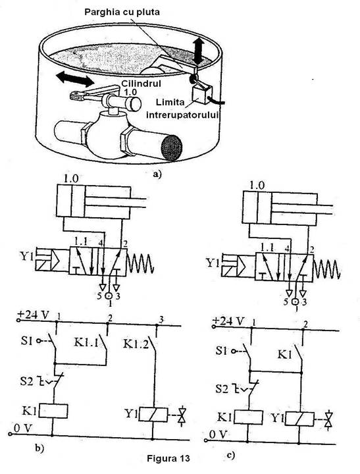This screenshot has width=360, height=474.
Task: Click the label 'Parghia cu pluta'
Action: coord(122,13)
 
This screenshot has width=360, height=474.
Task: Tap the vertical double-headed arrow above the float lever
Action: coord(198,51)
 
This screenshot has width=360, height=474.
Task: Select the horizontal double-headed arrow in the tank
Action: coord(75,78)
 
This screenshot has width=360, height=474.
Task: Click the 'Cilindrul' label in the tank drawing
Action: coord(141,84)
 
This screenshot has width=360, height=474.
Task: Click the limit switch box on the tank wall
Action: coord(202,94)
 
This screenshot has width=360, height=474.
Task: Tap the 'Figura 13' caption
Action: coord(168,458)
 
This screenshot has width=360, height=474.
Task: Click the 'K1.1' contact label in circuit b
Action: coord(86,342)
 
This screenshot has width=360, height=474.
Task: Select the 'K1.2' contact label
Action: coord(136,344)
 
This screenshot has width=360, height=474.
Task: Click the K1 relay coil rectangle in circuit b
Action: coord(53,411)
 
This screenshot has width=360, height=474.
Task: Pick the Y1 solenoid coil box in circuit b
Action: coord(153,415)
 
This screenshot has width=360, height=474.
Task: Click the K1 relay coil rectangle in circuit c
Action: coord(248,417)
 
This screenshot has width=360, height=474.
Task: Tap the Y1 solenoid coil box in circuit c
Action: coord(299,419)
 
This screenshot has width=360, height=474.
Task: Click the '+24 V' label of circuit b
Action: coord(34,315)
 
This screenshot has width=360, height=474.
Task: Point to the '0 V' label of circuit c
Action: coord(218,434)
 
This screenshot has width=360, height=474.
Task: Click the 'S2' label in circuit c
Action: coord(222,388)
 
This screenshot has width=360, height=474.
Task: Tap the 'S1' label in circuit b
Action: coord(26,341)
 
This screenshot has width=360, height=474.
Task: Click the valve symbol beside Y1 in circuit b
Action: coord(182,417)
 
